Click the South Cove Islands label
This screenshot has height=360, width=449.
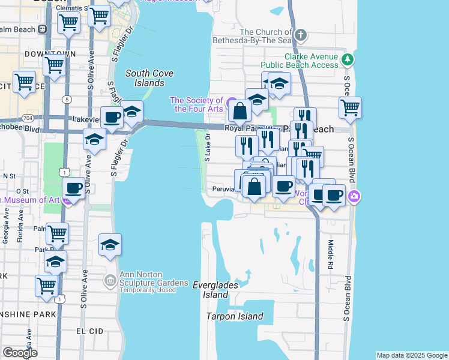tap(149, 78)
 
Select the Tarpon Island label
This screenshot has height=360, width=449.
tap(235, 316)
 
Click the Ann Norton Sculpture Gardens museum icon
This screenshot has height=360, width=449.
tap(110, 280)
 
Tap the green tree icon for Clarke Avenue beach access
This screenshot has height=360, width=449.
tap(347, 59)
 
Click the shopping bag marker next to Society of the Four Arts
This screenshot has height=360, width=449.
tap(240, 111)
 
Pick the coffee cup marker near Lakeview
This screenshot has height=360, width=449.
tap(111, 118)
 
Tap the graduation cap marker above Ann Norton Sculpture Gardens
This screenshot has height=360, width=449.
tap(110, 245)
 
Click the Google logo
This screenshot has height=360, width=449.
tap(20, 353)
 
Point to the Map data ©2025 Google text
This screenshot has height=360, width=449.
tap(412, 355)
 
